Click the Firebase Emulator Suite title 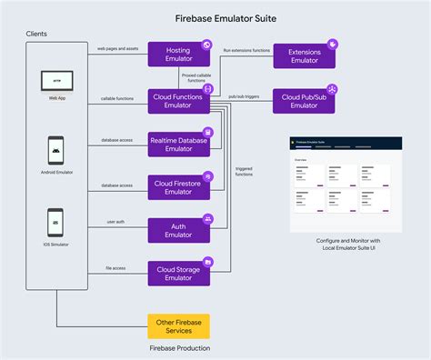pyautogui.click(x=215, y=16)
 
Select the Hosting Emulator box pyautogui.click(x=178, y=54)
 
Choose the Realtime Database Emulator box pyautogui.click(x=178, y=143)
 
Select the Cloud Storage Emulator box pyautogui.click(x=178, y=274)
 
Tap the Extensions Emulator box pyautogui.click(x=304, y=55)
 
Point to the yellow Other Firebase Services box pyautogui.click(x=178, y=326)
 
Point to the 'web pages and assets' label pyautogui.click(x=118, y=47)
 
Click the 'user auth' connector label pyautogui.click(x=116, y=222)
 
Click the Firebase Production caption pyautogui.click(x=179, y=348)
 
